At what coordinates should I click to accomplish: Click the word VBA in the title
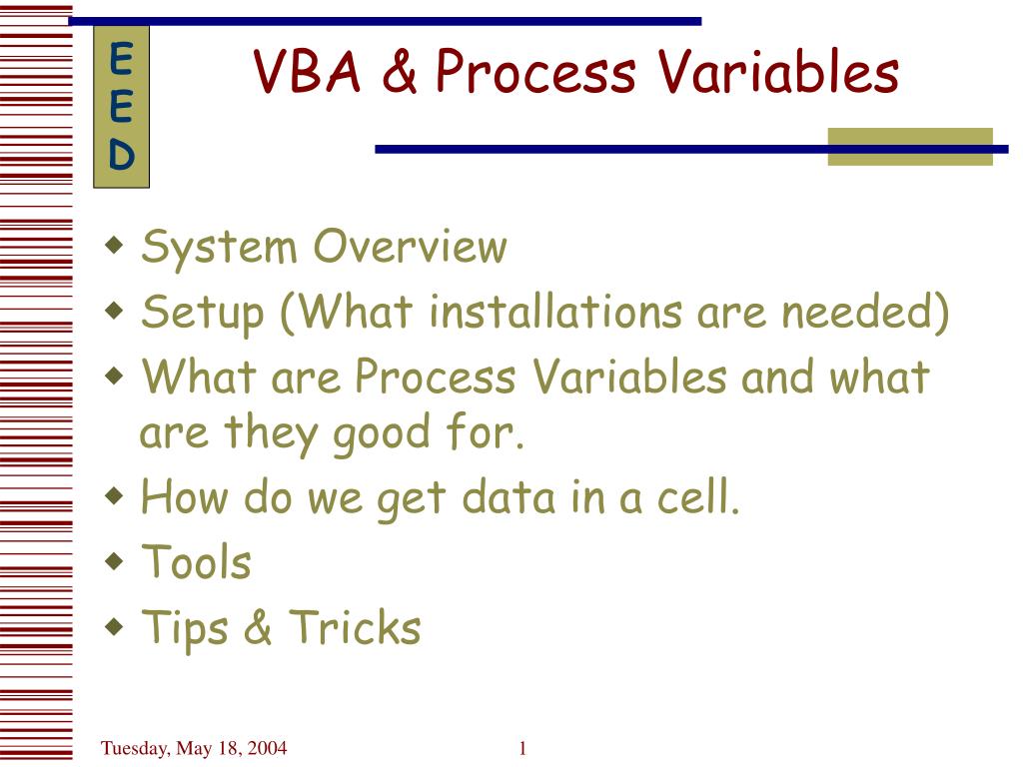307,71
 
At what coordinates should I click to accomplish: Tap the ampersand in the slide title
400,71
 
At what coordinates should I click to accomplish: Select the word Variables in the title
778,71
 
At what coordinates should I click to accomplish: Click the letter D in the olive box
121,155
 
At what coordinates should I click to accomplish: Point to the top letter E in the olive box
121,59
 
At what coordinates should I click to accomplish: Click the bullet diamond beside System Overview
114,246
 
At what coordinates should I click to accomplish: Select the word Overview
411,247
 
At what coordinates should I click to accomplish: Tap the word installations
555,312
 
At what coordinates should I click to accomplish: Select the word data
509,497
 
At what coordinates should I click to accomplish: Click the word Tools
197,561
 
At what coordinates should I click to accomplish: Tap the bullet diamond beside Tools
114,561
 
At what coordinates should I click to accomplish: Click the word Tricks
355,627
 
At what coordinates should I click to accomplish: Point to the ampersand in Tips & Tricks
259,627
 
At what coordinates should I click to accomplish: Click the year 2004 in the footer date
267,747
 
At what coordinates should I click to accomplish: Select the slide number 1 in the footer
522,748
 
